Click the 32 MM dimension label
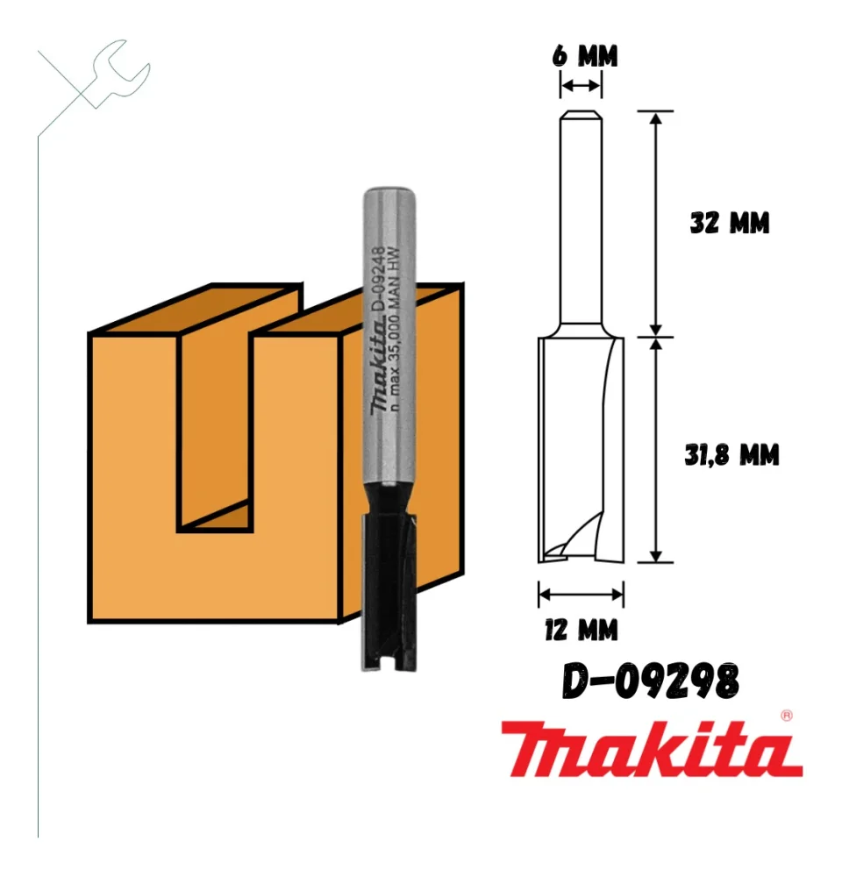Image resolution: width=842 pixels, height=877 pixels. (729, 224)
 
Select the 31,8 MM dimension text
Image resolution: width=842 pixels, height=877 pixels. (731, 455)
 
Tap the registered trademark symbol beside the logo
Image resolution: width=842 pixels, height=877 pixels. (786, 715)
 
